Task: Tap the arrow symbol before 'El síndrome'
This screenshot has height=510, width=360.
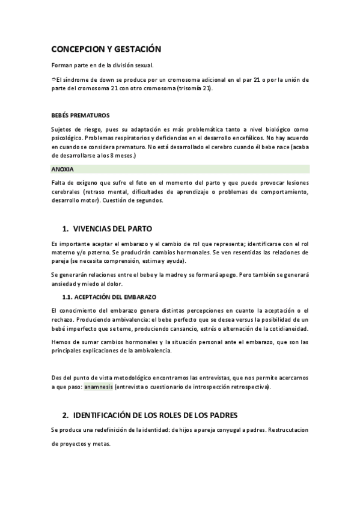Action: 53,79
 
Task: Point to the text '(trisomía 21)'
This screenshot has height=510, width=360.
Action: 195,88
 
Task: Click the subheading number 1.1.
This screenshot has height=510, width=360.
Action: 69,297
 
